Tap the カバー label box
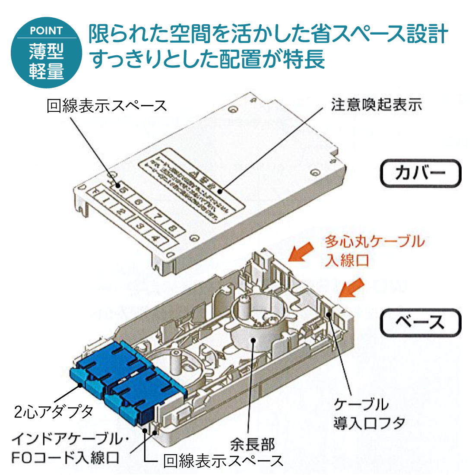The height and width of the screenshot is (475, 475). [420, 173]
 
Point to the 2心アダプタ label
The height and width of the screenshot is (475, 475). [54, 411]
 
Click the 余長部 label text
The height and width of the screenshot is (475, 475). [252, 443]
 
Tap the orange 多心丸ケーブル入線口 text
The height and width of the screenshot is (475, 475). [374, 250]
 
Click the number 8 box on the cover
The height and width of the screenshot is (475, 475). [172, 227]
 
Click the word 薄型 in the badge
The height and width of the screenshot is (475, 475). [46, 52]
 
